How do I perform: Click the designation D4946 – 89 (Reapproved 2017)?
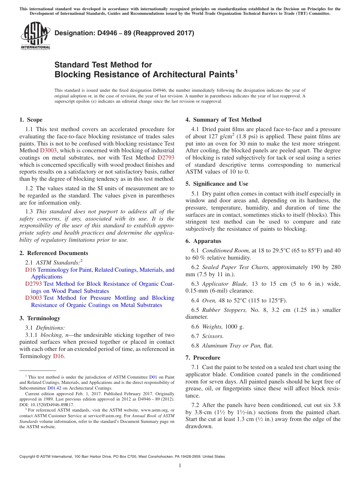click(x=124, y=33)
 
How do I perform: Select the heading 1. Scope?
click(x=31, y=120)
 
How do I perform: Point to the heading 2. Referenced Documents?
click(x=53, y=253)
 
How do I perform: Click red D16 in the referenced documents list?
click(x=30, y=270)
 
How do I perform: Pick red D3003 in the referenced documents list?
click(x=33, y=298)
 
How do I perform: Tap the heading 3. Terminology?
click(x=39, y=318)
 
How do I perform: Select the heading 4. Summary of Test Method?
click(x=223, y=120)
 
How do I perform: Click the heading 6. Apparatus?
click(x=203, y=241)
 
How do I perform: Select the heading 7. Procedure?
click(x=203, y=358)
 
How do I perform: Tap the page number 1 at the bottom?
click(x=180, y=465)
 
